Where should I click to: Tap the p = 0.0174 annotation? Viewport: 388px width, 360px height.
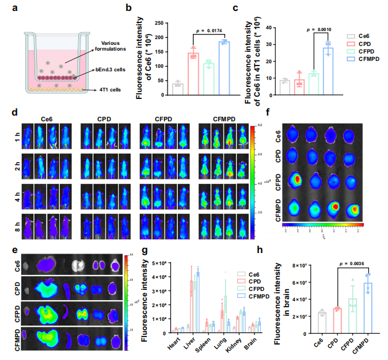coord(206,28)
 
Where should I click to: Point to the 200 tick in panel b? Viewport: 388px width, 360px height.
coord(163,35)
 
